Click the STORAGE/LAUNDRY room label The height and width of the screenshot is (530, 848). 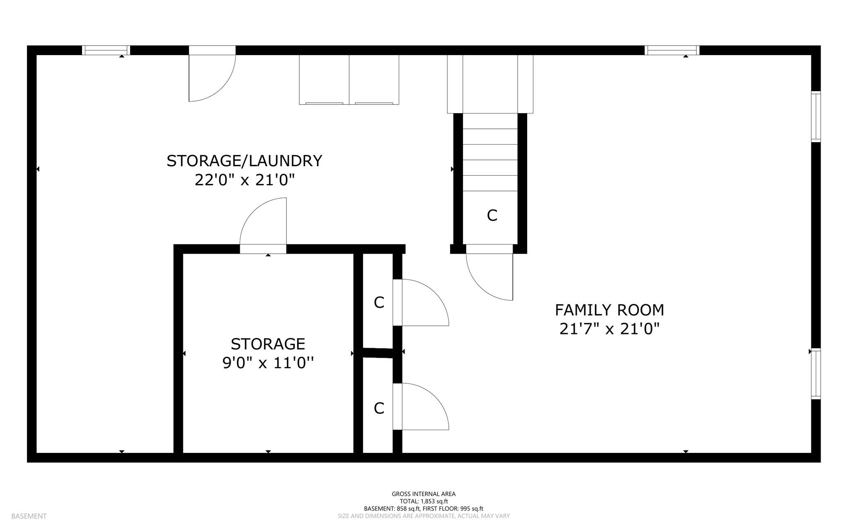click(244, 161)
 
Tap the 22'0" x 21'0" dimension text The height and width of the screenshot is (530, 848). click(244, 180)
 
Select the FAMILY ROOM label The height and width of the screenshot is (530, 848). click(609, 310)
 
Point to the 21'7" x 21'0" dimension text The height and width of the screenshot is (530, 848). click(609, 329)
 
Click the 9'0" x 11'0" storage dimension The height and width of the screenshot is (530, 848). click(268, 363)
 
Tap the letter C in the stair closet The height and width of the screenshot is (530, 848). click(492, 215)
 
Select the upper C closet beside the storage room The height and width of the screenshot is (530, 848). click(379, 303)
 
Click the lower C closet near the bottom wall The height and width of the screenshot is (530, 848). click(379, 408)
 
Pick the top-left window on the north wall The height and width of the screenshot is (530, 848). click(106, 50)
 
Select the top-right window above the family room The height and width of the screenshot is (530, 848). click(672, 50)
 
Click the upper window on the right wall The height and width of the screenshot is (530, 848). click(815, 116)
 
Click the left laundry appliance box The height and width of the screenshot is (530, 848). click(324, 80)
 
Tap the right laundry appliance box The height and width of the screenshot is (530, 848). click(374, 80)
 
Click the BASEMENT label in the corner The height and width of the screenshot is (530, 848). click(29, 516)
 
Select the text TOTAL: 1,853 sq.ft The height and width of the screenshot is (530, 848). click(424, 501)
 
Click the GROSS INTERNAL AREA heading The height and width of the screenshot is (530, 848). click(424, 494)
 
